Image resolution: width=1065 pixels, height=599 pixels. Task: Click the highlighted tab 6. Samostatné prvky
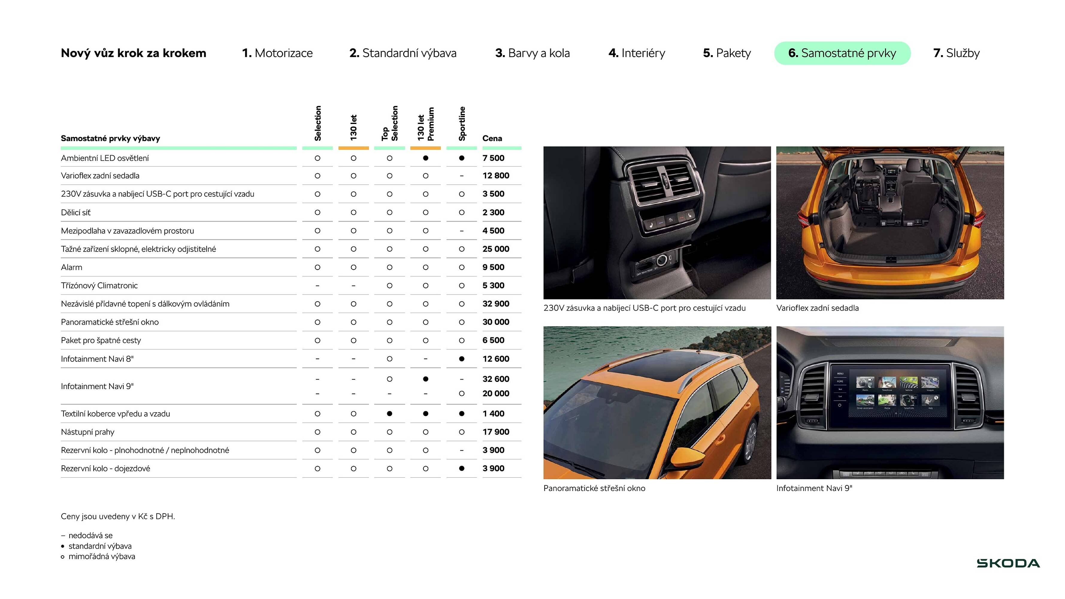tap(842, 53)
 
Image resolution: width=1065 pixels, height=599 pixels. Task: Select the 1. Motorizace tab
tap(277, 53)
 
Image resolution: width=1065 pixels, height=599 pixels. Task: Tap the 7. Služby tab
tap(956, 53)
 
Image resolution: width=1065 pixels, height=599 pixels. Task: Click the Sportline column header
tap(462, 124)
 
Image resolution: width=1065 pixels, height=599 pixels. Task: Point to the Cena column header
tap(492, 138)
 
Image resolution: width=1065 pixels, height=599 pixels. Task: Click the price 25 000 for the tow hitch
tap(496, 249)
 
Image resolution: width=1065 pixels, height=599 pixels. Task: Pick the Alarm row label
tap(72, 267)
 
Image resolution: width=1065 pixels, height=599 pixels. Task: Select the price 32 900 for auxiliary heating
tap(496, 304)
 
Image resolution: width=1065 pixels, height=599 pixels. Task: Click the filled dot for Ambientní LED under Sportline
tap(462, 158)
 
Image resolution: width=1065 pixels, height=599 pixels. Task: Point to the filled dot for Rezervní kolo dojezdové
tap(462, 468)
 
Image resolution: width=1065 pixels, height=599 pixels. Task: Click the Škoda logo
tap(1008, 563)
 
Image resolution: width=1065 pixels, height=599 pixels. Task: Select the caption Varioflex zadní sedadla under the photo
tap(817, 308)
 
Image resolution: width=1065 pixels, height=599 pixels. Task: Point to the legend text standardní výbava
tap(100, 546)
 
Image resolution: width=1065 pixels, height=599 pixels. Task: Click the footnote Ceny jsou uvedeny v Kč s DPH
tap(118, 516)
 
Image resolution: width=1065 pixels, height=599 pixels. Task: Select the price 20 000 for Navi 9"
tap(496, 394)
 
